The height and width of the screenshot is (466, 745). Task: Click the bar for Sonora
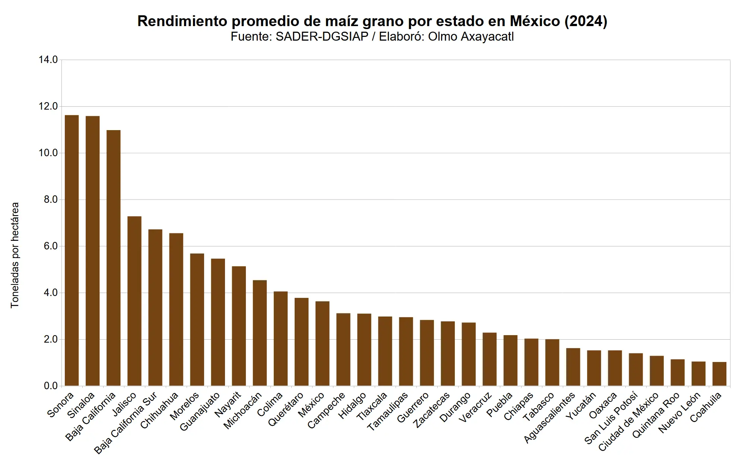72,251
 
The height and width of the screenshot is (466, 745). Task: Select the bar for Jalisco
134,301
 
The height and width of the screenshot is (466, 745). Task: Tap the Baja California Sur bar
155,308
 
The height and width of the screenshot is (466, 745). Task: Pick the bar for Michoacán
260,333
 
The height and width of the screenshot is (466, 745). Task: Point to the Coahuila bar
719,374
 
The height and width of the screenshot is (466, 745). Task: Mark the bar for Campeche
343,350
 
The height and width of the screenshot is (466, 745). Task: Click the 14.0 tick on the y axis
48,60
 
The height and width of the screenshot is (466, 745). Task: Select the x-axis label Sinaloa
81,405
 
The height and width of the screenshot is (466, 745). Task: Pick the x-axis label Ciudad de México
628,427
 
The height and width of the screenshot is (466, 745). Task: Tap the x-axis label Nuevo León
679,413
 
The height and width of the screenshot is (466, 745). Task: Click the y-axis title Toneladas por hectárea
15,255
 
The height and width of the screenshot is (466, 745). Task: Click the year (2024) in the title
586,21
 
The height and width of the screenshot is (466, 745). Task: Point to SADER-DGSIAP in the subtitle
322,37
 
